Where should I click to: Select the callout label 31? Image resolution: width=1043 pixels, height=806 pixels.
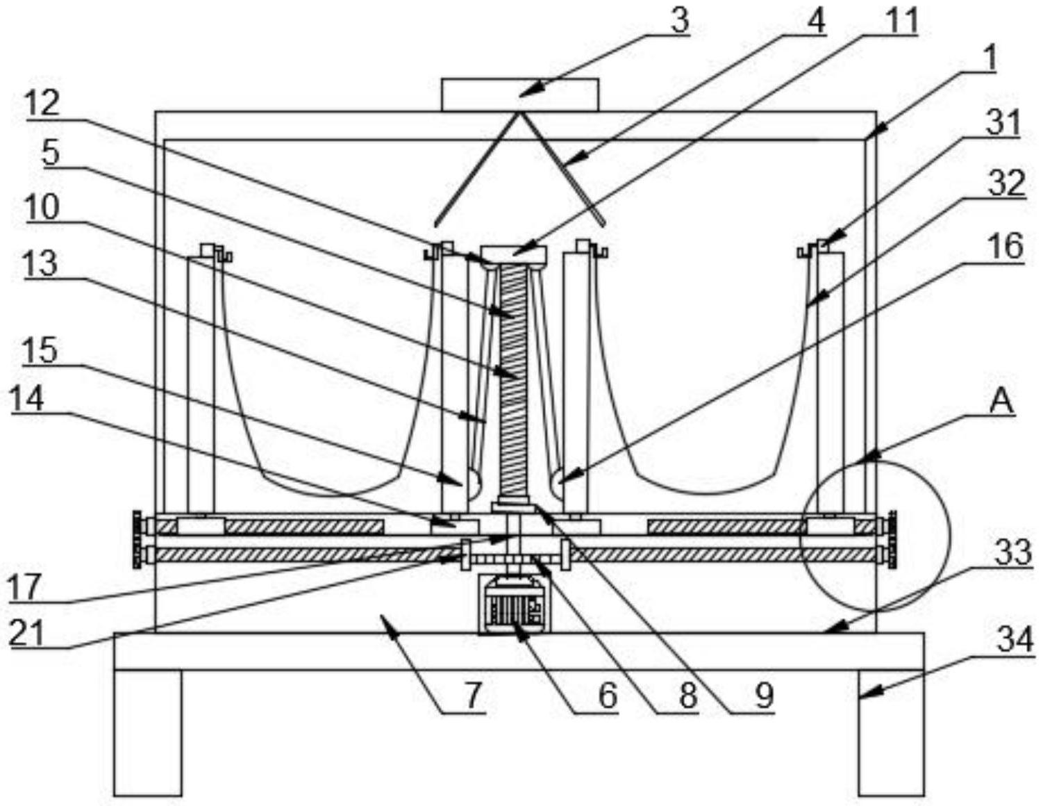click(x=1003, y=124)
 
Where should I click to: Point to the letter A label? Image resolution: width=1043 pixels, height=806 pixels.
click(x=1001, y=402)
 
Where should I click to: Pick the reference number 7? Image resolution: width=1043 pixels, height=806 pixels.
click(x=473, y=694)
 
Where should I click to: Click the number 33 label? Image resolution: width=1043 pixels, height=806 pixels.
click(x=1013, y=554)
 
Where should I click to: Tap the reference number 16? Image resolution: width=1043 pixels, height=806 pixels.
click(x=1008, y=247)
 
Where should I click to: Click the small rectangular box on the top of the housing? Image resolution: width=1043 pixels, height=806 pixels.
click(x=520, y=94)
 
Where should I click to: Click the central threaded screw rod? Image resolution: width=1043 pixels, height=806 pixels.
click(x=514, y=382)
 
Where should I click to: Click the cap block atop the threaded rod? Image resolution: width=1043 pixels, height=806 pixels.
click(x=514, y=254)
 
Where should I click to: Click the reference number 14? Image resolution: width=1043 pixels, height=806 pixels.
click(x=28, y=400)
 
